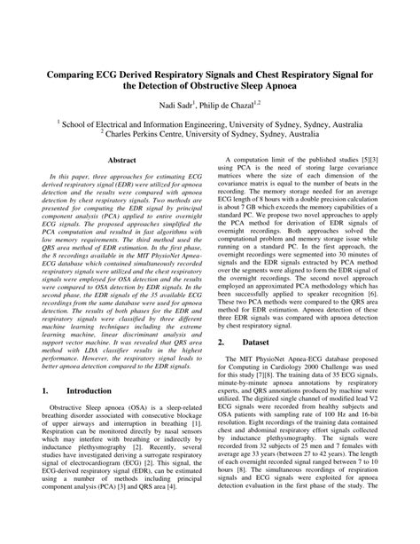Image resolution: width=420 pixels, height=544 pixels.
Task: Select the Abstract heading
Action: tap(121, 161)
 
